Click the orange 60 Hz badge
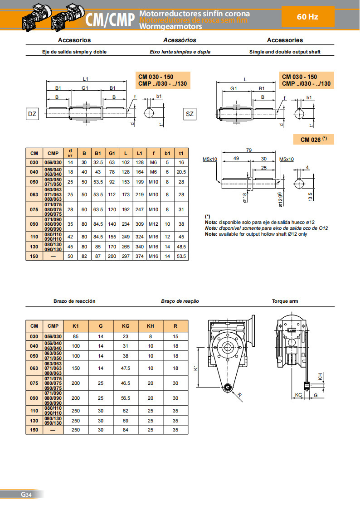[307, 17]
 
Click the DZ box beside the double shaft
[32, 114]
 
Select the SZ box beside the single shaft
[190, 114]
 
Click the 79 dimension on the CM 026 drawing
[248, 150]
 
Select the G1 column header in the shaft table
[112, 153]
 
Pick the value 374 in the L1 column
[140, 256]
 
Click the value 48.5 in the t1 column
[181, 247]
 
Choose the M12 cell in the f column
[154, 224]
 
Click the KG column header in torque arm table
[126, 325]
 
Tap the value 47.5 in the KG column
[126, 368]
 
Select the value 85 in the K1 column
[76, 336]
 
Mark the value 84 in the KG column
[126, 430]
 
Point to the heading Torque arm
[285, 301]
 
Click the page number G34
[25, 494]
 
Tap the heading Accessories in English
[285, 40]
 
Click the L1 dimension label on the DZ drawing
[86, 79]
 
